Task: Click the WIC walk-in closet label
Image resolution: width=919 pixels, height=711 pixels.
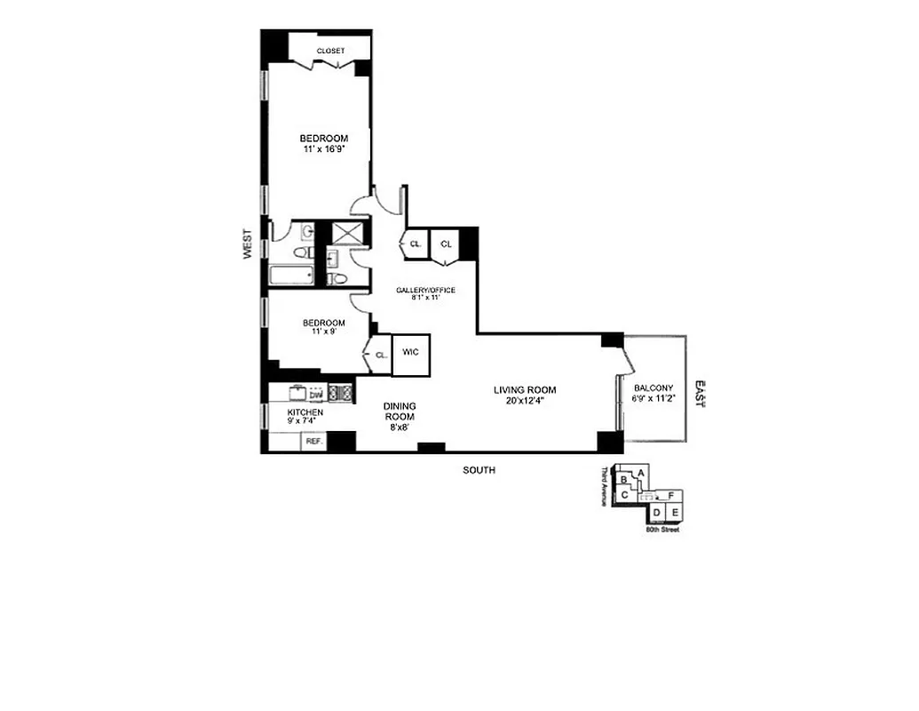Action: point(410,352)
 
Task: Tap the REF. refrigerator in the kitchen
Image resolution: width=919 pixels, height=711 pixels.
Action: point(313,441)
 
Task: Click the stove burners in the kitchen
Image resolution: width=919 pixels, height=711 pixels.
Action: point(341,392)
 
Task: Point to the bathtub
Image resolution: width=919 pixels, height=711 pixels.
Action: point(290,276)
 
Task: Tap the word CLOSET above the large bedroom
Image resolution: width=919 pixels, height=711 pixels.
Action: point(330,51)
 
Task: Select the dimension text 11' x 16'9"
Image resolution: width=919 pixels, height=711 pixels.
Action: point(323,149)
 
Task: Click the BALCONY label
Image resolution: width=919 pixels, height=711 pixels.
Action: point(654,387)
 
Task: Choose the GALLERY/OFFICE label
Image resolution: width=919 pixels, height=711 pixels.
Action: point(426,289)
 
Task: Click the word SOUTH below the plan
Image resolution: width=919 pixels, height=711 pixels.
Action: point(479,470)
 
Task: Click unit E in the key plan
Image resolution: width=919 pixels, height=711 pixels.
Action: point(675,513)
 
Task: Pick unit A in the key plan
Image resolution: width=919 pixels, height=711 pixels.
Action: point(641,472)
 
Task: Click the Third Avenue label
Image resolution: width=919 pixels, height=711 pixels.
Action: point(604,486)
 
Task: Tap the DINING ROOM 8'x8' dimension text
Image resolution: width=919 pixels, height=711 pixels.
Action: point(399,427)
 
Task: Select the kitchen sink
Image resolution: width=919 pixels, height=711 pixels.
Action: point(296,392)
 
